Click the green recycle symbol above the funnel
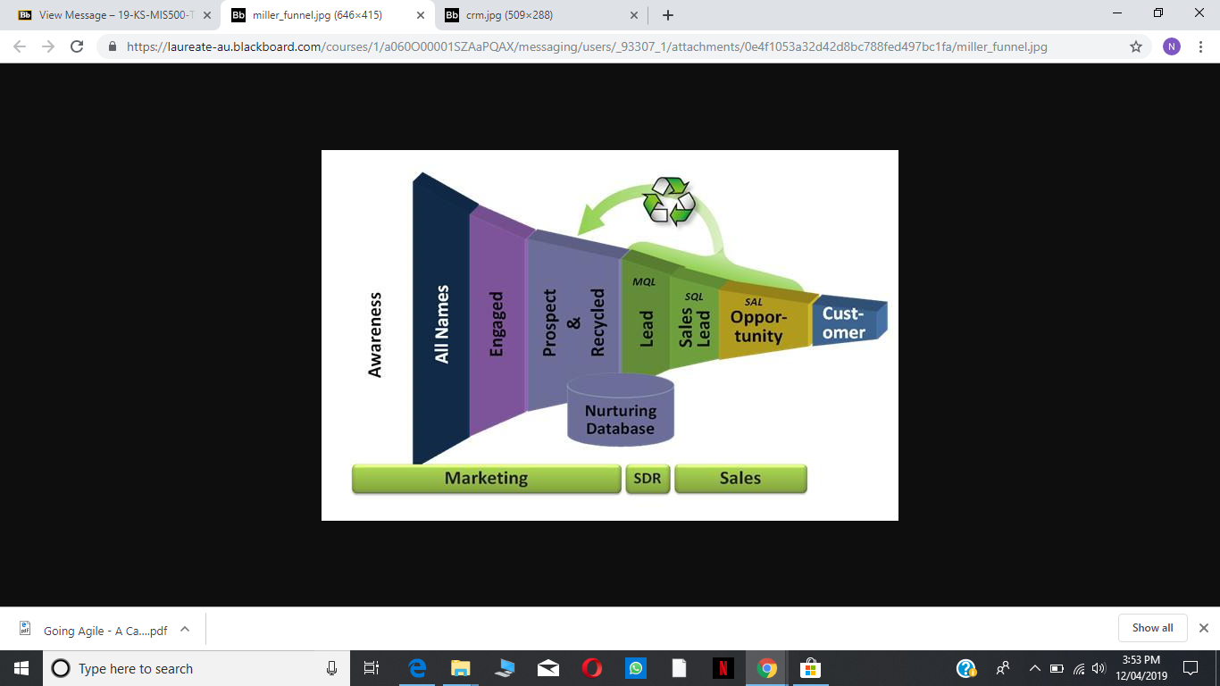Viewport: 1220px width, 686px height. click(669, 200)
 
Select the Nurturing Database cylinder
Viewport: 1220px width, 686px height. click(621, 410)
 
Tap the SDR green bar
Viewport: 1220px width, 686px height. click(648, 479)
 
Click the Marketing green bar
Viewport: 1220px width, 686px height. click(487, 479)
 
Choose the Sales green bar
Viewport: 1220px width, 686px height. click(740, 479)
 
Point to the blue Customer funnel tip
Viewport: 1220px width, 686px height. click(849, 322)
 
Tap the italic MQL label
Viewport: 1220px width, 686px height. click(644, 281)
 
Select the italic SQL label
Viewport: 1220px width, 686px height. click(694, 297)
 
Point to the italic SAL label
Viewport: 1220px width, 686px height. click(753, 301)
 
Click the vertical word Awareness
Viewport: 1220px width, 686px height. click(375, 335)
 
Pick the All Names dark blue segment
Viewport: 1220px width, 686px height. click(441, 319)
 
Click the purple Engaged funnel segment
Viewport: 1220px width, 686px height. click(497, 322)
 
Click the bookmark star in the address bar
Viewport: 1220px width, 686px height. click(1135, 46)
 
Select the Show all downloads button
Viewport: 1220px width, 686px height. click(1152, 628)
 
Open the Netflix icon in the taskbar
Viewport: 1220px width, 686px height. click(723, 668)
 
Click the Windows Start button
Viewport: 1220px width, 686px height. click(21, 668)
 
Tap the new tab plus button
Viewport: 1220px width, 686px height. click(668, 15)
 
